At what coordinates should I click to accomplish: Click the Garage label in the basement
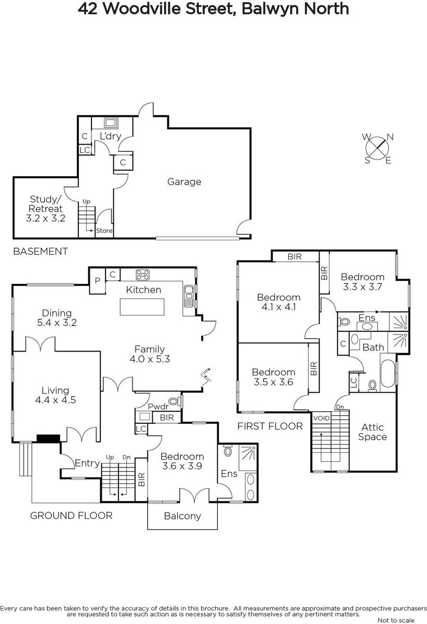(184, 182)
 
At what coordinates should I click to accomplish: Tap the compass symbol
(378, 149)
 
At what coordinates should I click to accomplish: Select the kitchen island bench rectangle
(142, 307)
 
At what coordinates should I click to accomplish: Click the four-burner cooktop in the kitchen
(142, 275)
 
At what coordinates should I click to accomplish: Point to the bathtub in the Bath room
(388, 373)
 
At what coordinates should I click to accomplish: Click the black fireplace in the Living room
(48, 438)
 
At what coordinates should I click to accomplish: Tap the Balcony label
(182, 516)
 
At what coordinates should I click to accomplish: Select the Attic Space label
(372, 432)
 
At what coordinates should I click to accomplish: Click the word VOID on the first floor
(322, 418)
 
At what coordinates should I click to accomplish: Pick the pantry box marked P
(98, 281)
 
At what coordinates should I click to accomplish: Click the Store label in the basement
(104, 231)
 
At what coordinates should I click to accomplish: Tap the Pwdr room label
(158, 407)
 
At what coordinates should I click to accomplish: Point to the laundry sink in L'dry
(111, 123)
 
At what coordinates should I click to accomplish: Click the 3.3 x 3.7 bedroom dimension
(363, 287)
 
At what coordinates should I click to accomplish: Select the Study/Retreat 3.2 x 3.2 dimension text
(46, 218)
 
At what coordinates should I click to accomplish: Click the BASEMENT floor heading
(41, 252)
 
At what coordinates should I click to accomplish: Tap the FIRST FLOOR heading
(270, 426)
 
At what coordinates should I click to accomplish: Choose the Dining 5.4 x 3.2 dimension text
(57, 322)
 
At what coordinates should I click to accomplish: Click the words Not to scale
(396, 620)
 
